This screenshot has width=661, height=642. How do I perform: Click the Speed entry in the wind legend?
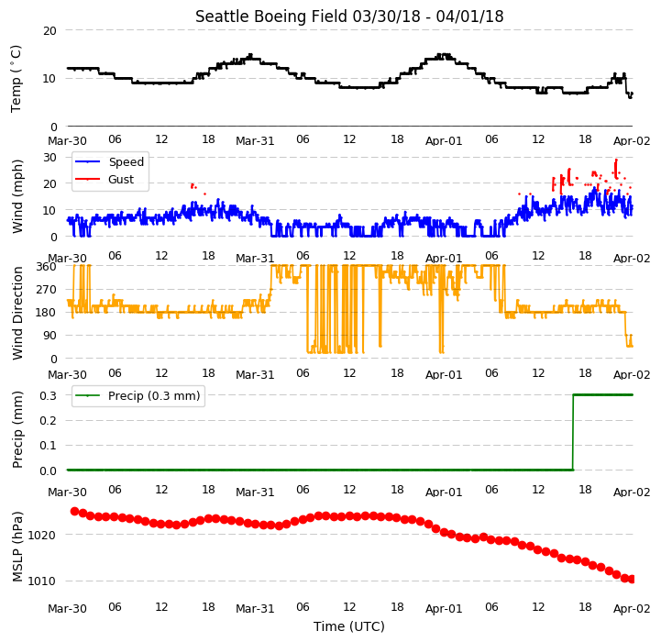[x=126, y=162]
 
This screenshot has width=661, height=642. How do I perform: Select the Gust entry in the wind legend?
[x=121, y=179]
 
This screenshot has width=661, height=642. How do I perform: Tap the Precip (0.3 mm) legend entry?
[x=154, y=395]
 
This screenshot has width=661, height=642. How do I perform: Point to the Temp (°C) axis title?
[x=16, y=79]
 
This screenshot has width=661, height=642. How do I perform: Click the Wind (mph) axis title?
[x=17, y=196]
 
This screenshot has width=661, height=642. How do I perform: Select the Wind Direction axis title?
[x=17, y=313]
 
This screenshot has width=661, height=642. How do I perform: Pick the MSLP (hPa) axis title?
[x=17, y=547]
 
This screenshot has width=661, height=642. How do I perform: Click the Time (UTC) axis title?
[x=349, y=626]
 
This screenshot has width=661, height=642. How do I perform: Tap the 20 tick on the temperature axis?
[x=50, y=31]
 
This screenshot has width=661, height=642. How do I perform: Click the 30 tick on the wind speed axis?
[x=50, y=158]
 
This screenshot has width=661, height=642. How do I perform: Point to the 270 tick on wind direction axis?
[x=47, y=290]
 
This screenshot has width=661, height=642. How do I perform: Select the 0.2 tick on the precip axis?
[x=48, y=421]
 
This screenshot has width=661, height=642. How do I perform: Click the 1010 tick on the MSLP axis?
[x=41, y=581]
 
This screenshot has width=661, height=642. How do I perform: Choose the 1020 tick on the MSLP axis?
[x=41, y=536]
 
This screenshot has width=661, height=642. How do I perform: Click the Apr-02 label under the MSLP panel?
[x=632, y=609]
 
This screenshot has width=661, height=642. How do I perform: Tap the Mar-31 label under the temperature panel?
[x=255, y=141]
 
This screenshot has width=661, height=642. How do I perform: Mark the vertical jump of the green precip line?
[x=573, y=432]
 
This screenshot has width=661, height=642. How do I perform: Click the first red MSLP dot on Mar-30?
[x=74, y=511]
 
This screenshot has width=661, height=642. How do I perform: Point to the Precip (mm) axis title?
[x=17, y=430]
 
